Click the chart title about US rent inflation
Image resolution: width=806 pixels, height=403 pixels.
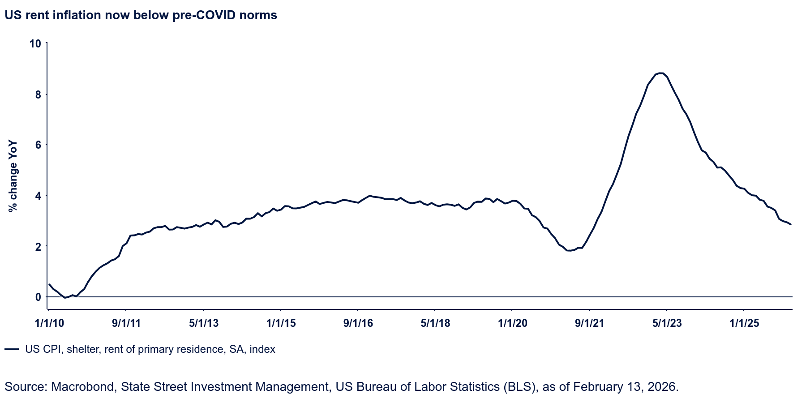[x=141, y=15]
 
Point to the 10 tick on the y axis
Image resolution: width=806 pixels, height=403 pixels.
[x=35, y=43]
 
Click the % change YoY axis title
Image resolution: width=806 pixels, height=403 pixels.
[x=13, y=176]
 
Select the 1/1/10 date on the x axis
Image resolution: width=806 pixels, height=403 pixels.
[x=49, y=323]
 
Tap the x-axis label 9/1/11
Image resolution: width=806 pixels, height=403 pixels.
[x=126, y=323]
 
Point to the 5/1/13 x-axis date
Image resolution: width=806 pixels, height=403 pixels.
[x=204, y=323]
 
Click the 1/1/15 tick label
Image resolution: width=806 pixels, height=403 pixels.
[x=281, y=323]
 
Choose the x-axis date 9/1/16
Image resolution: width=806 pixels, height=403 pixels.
[x=358, y=323]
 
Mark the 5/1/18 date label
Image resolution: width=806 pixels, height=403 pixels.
[x=435, y=323]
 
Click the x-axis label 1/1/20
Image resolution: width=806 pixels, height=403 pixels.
[x=513, y=323]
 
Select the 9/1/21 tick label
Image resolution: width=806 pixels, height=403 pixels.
[x=590, y=323]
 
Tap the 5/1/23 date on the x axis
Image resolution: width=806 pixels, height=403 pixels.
[x=667, y=323]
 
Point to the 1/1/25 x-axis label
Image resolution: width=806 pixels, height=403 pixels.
[x=744, y=323]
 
